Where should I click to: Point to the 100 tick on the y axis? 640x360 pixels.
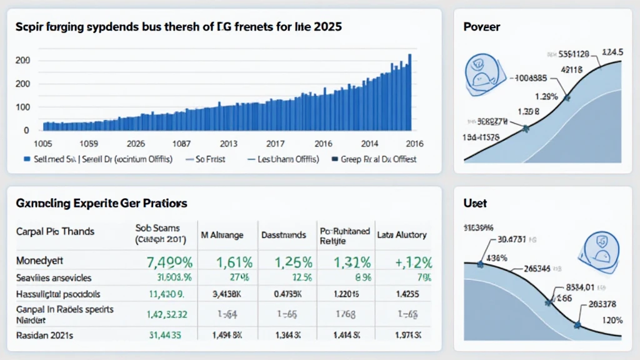pos(22,107)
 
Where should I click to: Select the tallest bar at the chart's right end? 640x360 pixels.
pos(410,91)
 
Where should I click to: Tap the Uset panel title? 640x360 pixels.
pos(475,204)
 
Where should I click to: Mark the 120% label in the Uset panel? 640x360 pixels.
pos(611,320)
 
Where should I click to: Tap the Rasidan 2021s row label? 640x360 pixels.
pos(44,336)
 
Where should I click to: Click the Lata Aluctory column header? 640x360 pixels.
pos(402,235)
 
